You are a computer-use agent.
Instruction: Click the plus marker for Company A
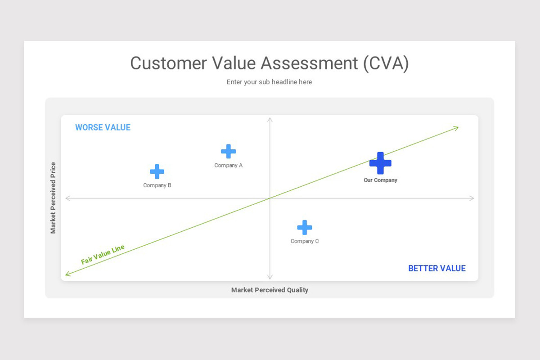(x=228, y=151)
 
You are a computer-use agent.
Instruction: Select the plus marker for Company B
(x=157, y=171)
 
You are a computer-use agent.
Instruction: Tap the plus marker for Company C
(x=305, y=227)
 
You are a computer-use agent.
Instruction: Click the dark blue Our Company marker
(x=380, y=163)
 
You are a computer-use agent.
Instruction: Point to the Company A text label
(x=228, y=165)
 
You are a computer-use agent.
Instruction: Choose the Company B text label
(x=157, y=185)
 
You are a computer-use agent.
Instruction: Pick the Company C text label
(x=305, y=241)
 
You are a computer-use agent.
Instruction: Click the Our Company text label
(x=380, y=180)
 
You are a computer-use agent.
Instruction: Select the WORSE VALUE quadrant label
(x=103, y=127)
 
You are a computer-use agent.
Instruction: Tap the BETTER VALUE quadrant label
(x=436, y=268)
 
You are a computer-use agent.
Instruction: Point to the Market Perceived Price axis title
(x=53, y=198)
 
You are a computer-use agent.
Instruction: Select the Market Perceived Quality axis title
(x=270, y=290)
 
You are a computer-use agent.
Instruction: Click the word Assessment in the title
(x=309, y=63)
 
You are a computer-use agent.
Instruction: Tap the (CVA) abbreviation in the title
(x=386, y=63)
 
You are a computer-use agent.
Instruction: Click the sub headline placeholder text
(x=269, y=82)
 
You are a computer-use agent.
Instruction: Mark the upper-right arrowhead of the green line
(x=457, y=128)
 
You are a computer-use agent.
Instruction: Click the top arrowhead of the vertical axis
(x=270, y=119)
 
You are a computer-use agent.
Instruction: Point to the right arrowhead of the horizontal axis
(x=472, y=198)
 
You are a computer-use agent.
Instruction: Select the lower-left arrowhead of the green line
(x=67, y=274)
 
